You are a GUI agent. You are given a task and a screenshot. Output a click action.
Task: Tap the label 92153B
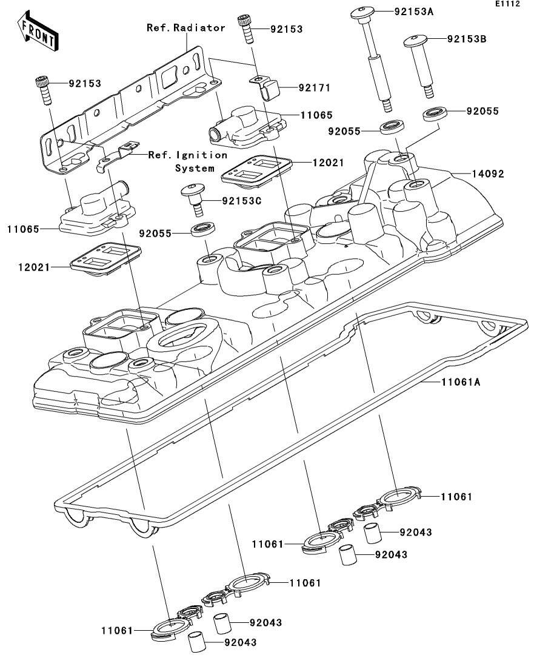click(467, 39)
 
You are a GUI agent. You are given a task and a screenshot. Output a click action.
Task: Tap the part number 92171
click(313, 88)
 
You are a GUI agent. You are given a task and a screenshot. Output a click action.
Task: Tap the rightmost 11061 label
click(456, 497)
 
